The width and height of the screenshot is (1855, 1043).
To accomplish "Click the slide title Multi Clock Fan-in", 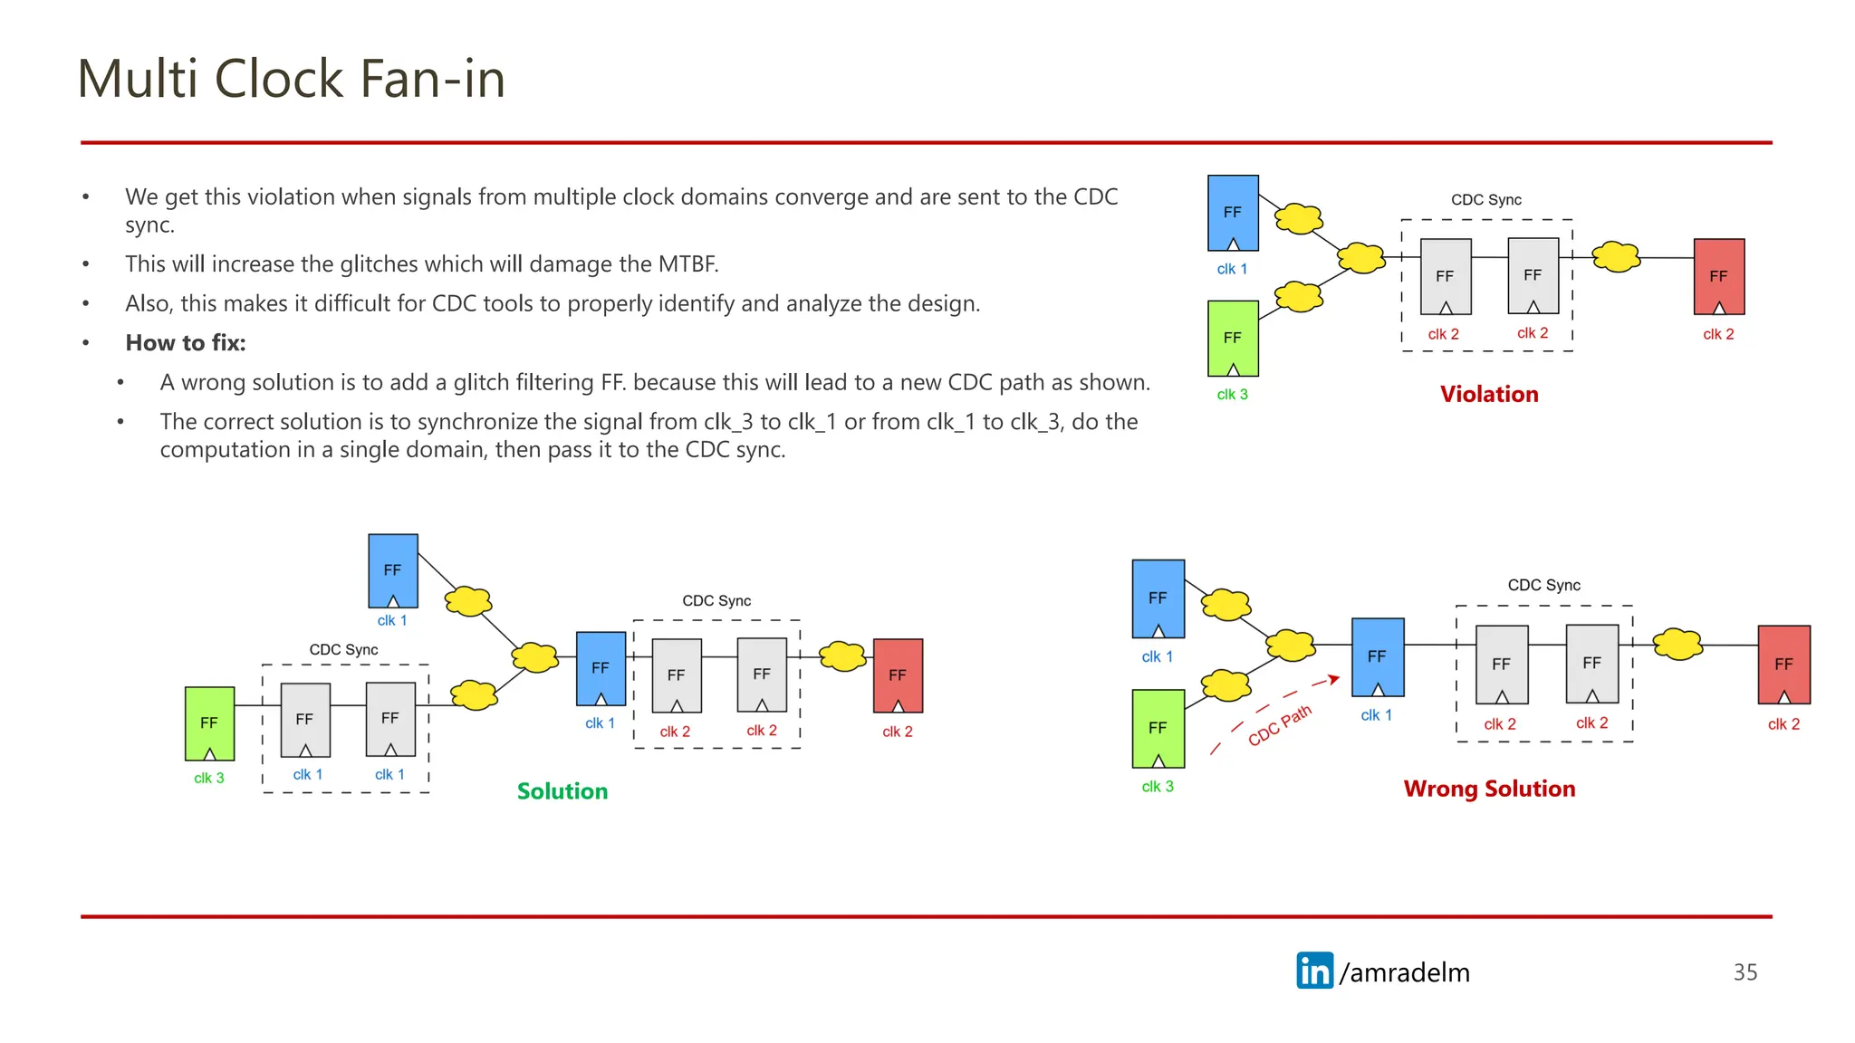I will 291,79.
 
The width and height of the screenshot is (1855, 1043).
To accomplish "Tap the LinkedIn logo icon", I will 1314,971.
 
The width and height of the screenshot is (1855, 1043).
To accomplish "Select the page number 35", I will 1744,971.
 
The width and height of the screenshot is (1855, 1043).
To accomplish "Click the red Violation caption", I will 1488,394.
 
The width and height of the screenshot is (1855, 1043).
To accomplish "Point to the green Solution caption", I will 562,790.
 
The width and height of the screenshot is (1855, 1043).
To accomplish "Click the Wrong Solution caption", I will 1489,788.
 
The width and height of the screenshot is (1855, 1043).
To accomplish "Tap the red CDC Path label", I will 1279,726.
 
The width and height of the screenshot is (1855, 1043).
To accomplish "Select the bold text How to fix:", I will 186,342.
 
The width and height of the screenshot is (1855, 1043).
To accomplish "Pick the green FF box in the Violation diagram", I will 1233,338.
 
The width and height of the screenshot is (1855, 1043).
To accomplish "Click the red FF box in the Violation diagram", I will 1718,276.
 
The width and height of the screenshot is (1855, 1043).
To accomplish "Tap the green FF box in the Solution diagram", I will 209,722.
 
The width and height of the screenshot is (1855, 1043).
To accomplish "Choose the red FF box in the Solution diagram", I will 897,675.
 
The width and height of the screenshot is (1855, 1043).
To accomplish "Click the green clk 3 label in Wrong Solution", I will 1157,786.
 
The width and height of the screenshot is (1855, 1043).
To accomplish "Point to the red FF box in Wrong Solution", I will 1783,664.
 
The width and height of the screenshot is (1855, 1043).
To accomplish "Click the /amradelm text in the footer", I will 1404,971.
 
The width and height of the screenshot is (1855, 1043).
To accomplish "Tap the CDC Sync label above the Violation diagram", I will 1485,199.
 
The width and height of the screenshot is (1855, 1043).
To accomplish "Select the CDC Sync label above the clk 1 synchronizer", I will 343,649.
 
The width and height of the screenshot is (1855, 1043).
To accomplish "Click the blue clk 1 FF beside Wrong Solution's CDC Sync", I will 1377,656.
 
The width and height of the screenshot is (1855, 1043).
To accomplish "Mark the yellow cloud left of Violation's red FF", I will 1616,257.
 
